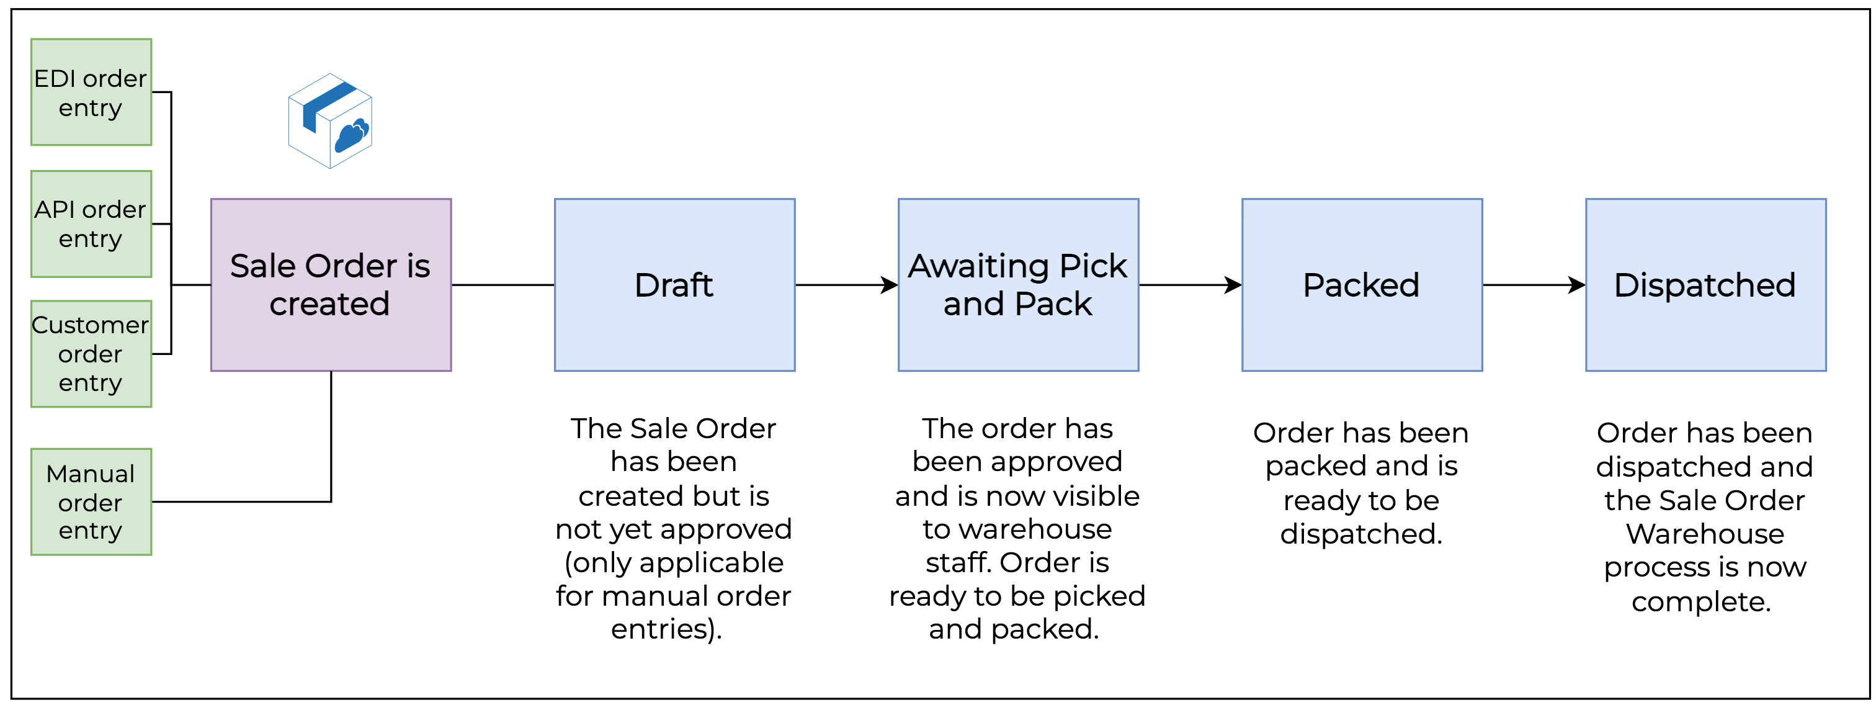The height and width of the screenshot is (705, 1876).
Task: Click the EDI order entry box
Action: tap(91, 92)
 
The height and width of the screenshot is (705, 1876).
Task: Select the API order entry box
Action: tap(91, 223)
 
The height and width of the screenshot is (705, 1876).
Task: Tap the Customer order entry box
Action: tap(91, 354)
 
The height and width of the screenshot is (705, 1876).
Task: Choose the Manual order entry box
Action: tap(91, 502)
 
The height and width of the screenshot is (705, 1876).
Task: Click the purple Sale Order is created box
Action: tap(331, 285)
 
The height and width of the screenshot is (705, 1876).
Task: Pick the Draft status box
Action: tap(674, 285)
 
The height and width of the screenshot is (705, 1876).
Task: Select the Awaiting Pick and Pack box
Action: tap(1018, 285)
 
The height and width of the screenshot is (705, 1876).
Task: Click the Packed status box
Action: tap(1362, 285)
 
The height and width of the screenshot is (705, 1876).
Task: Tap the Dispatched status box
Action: tap(1705, 285)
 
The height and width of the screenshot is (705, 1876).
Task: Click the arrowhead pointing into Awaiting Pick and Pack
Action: tap(890, 285)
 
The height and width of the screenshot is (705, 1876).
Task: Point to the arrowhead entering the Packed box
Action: tap(1234, 285)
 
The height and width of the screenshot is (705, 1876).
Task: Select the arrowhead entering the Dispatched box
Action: tap(1578, 285)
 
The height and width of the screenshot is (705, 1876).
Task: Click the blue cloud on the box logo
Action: tap(352, 135)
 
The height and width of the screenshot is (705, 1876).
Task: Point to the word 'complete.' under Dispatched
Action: tap(1700, 601)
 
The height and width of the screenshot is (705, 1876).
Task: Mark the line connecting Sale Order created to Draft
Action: tap(502, 285)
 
